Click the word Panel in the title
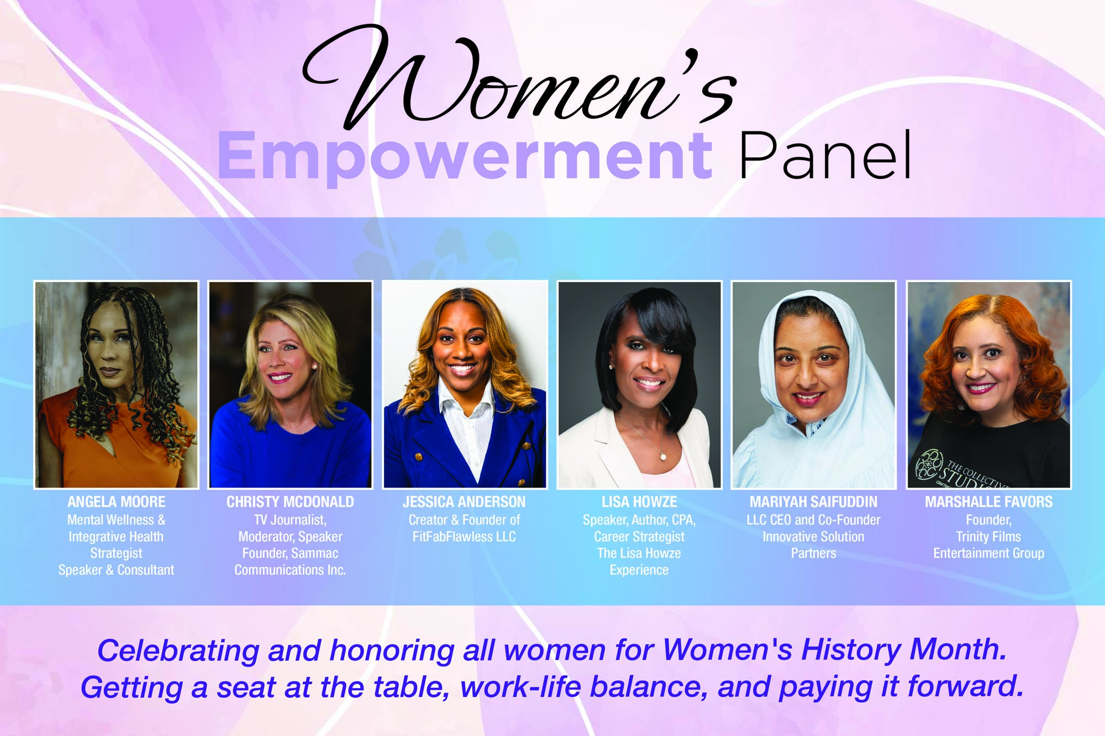tap(825, 156)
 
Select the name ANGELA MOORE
tap(116, 502)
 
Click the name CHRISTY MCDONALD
tap(290, 502)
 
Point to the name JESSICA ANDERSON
tap(464, 502)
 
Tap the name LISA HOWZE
tap(639, 502)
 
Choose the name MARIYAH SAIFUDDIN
tap(813, 502)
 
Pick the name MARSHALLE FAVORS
tap(988, 502)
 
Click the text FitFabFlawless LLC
tap(464, 536)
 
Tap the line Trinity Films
tap(988, 536)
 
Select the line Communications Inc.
tap(290, 570)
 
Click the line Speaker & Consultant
tap(116, 570)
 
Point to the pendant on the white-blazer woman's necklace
tap(662, 456)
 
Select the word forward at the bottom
tap(965, 686)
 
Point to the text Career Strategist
tap(639, 537)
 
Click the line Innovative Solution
tap(813, 536)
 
